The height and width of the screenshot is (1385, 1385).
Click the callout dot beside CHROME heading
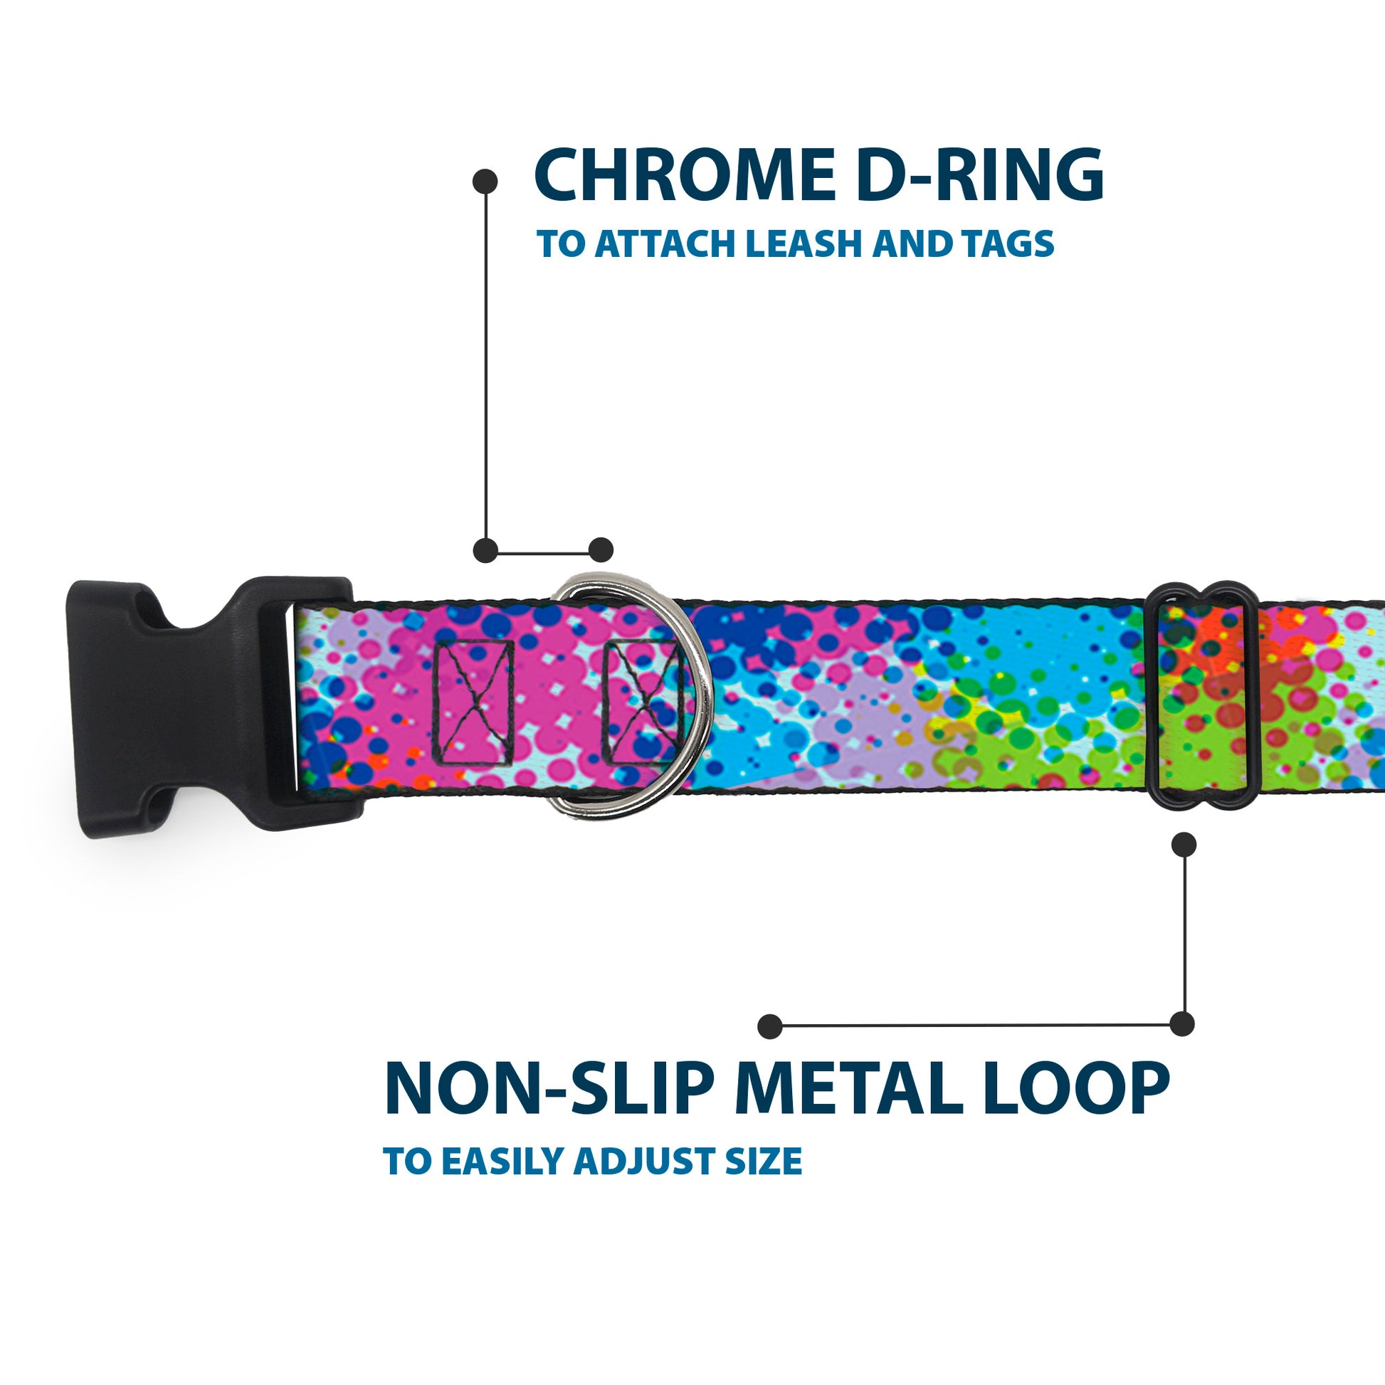(x=485, y=181)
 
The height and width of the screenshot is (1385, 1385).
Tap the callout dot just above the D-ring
(x=601, y=550)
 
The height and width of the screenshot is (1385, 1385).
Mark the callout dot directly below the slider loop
(x=1184, y=845)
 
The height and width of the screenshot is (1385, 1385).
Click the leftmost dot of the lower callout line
(x=770, y=1026)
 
